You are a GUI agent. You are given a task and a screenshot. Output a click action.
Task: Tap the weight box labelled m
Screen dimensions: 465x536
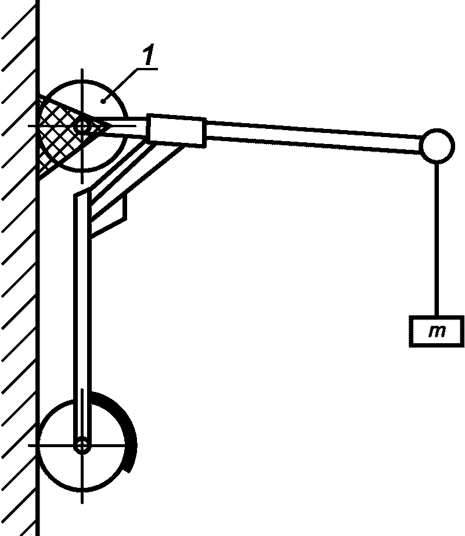(x=436, y=332)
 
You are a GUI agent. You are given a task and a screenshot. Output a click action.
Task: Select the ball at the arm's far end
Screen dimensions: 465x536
(x=437, y=145)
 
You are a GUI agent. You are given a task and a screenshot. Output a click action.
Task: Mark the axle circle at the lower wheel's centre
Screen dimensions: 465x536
(x=82, y=446)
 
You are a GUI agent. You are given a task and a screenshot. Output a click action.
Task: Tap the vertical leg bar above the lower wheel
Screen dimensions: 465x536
(x=82, y=290)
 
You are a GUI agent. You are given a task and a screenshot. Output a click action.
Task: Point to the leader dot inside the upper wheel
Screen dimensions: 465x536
(x=103, y=100)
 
